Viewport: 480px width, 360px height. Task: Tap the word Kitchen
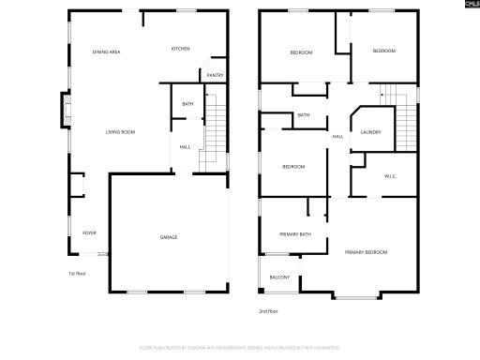[181, 50]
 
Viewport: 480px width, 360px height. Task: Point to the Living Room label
[120, 132]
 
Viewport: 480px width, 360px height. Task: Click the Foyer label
[90, 232]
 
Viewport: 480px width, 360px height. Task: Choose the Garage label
[168, 237]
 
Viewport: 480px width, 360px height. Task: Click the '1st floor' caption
[77, 274]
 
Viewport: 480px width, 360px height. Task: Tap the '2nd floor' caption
[269, 310]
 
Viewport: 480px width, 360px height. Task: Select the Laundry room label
[370, 132]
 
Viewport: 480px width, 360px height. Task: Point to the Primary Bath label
[294, 233]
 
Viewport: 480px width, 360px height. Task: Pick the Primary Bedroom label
[367, 252]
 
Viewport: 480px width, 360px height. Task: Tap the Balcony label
[279, 277]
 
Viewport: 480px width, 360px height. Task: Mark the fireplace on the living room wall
[65, 109]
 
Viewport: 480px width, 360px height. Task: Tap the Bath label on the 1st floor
[187, 104]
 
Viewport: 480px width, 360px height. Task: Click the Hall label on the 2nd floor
[337, 138]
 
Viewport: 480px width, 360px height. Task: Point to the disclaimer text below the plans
[240, 347]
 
